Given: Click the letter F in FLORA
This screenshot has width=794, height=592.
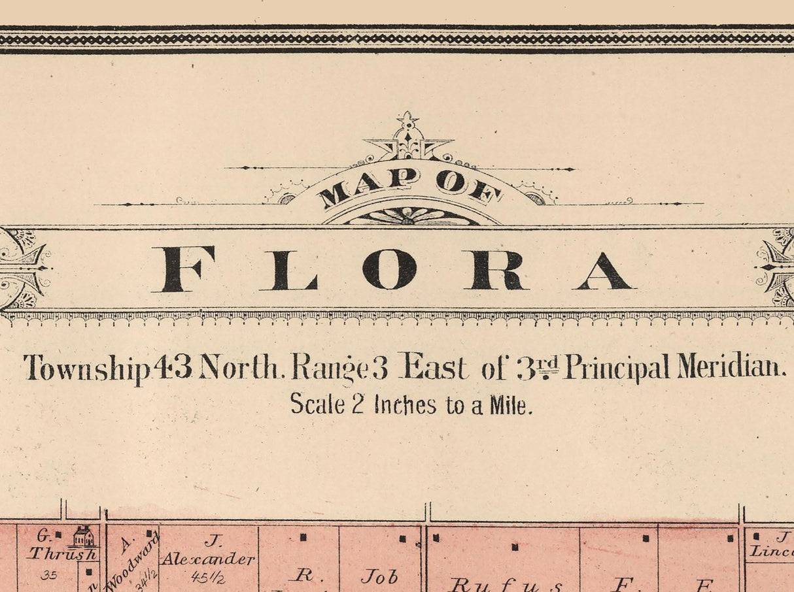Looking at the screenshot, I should click(183, 269).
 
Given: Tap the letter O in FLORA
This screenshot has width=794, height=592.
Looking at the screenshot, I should click(390, 269).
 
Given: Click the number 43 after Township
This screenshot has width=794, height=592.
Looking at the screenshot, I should click(173, 367).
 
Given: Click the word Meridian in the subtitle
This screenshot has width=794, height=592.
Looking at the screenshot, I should click(731, 367).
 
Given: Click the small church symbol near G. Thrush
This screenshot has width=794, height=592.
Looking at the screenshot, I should click(83, 537).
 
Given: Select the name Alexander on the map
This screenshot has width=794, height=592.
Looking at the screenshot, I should click(208, 559).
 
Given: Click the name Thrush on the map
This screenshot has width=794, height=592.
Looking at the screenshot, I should click(62, 554).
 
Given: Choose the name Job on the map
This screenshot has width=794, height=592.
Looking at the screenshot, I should click(379, 577).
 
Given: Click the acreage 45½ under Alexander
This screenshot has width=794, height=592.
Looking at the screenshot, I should click(209, 576).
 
